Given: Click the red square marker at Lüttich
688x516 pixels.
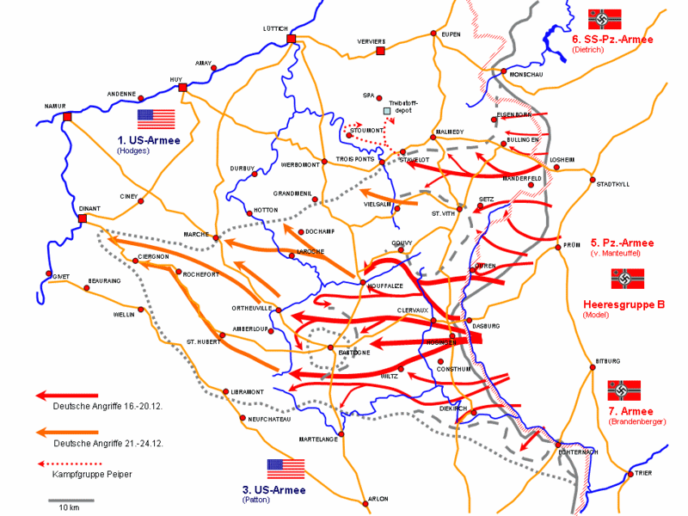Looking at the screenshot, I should coord(292,39).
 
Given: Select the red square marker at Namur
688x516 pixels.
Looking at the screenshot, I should coord(67,116).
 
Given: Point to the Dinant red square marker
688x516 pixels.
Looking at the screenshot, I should coord(83,218).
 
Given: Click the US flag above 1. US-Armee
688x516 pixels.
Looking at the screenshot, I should coord(156,119).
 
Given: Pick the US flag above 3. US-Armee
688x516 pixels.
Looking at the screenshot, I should coord(286,468).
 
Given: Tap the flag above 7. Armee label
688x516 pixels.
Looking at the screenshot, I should coord(624,390).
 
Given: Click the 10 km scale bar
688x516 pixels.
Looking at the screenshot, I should coord(64,500).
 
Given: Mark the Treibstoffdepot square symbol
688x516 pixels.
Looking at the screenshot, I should coord(387,111).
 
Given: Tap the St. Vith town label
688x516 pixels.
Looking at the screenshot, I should coord(442,212).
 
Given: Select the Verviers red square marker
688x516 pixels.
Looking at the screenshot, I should coord(379,51).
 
